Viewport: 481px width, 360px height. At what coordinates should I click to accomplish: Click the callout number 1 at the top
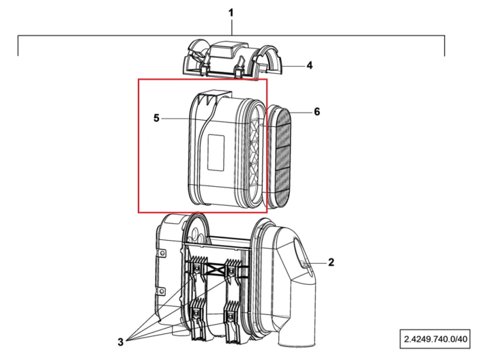(231, 13)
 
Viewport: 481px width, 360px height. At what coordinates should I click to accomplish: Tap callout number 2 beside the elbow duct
(331, 262)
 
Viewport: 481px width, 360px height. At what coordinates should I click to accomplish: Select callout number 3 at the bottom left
(121, 341)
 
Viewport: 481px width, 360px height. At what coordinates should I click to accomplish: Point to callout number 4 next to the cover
(310, 65)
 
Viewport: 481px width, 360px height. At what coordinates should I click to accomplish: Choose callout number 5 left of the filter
(156, 118)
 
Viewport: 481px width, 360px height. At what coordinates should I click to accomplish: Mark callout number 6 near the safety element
(317, 112)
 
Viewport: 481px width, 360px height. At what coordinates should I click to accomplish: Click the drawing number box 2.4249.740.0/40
(435, 339)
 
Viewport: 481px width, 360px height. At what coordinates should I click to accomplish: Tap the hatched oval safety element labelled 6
(279, 157)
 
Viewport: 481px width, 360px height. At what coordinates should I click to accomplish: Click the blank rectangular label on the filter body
(216, 152)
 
